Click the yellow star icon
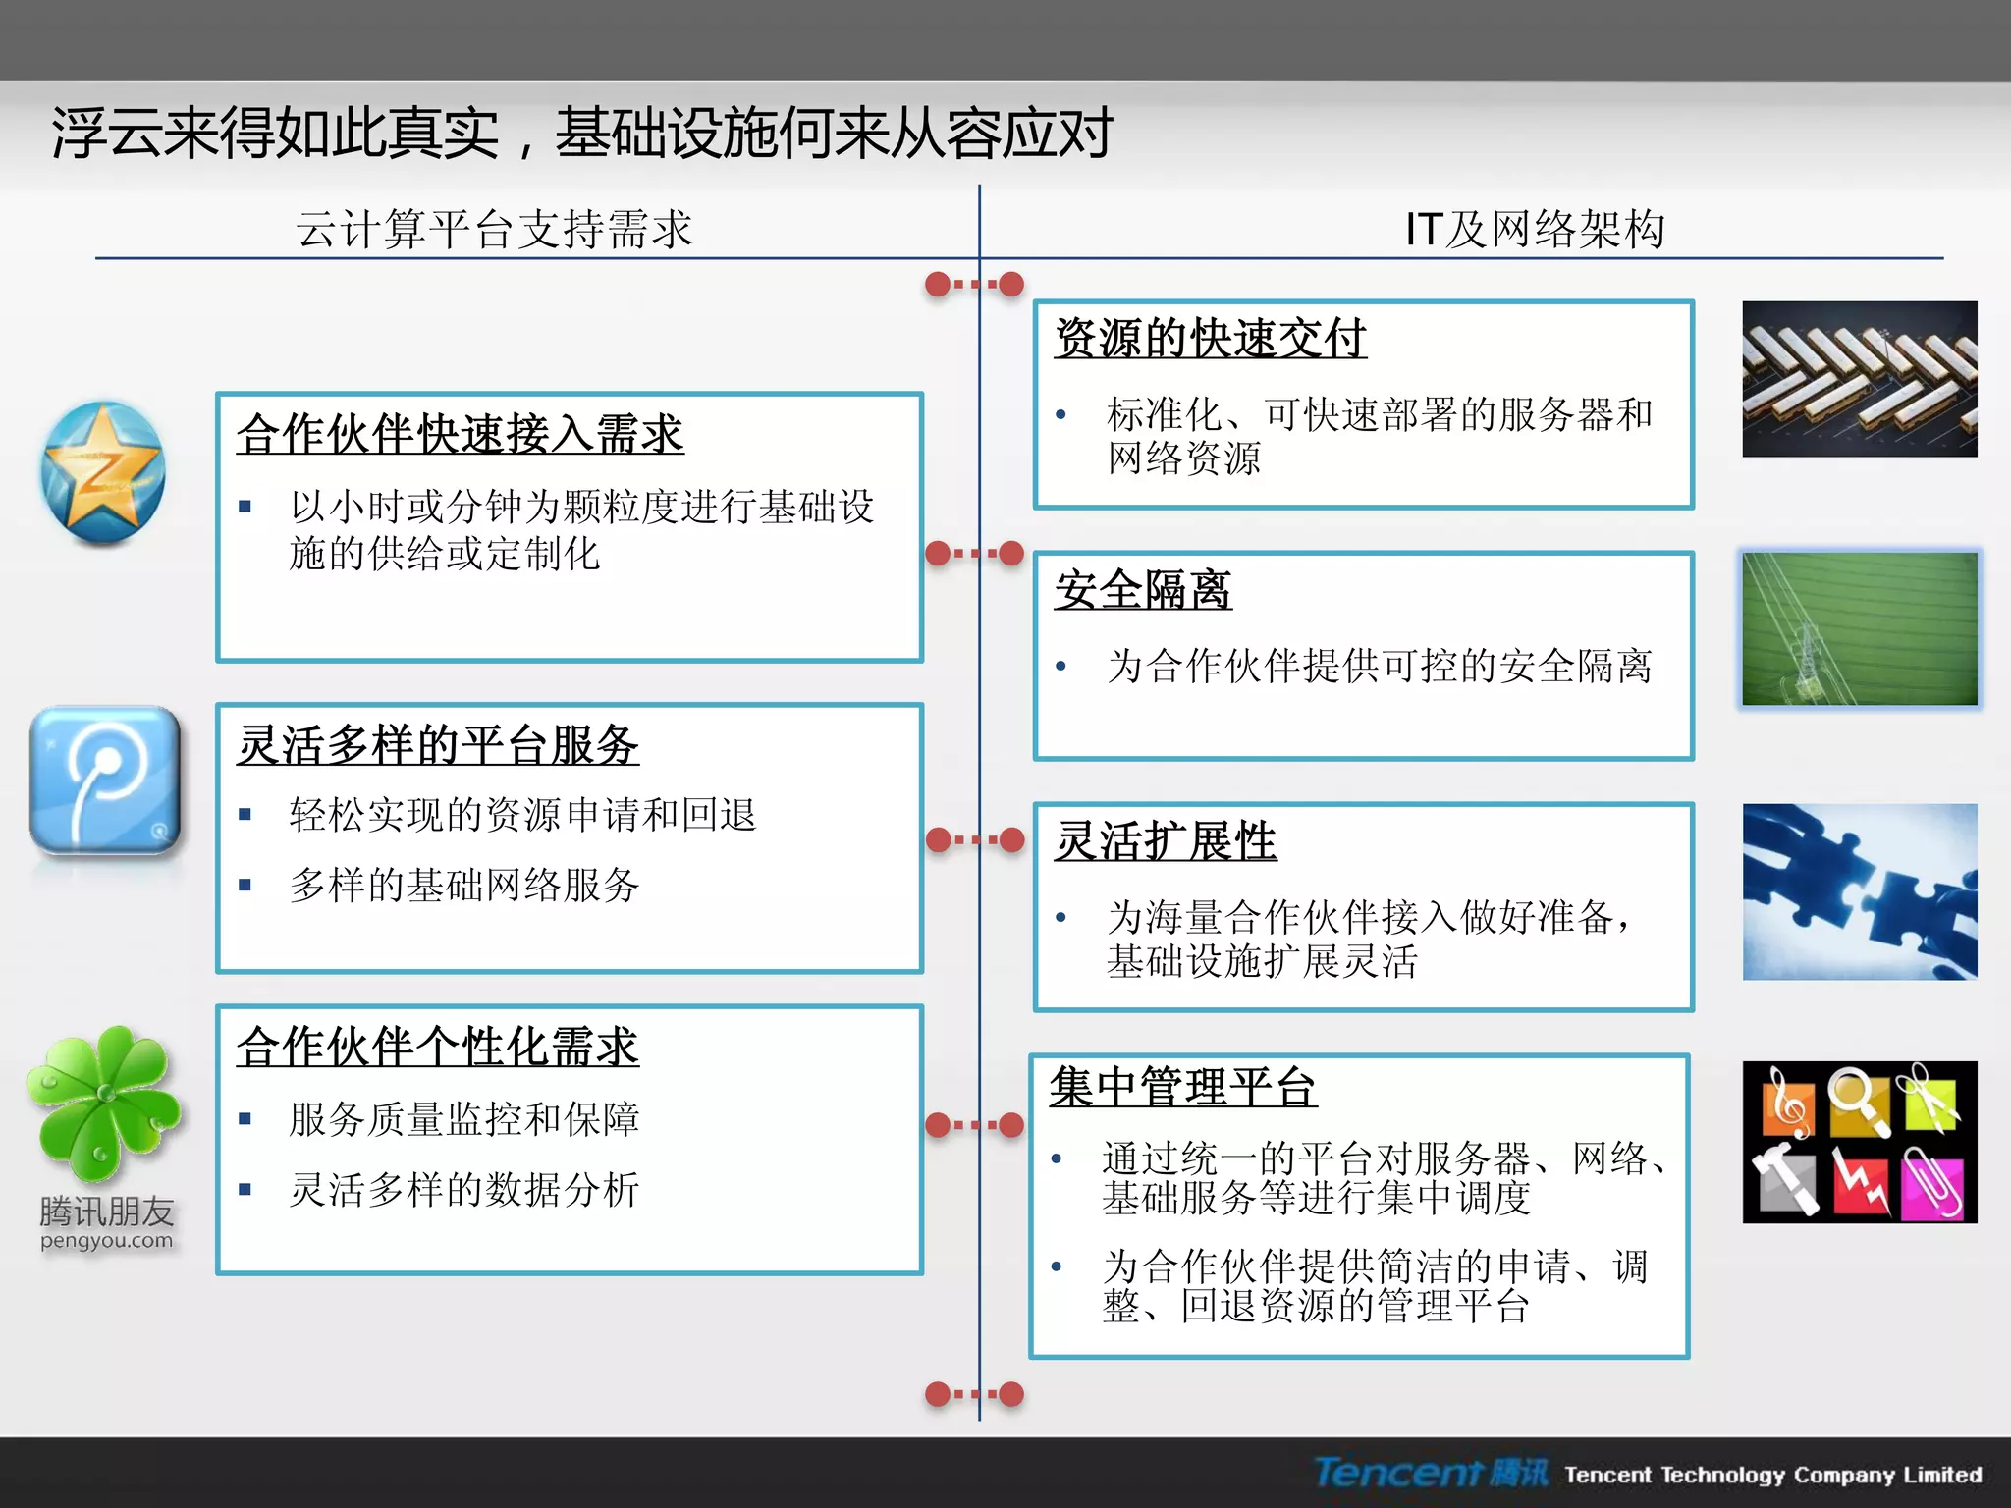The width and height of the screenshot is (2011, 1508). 102,472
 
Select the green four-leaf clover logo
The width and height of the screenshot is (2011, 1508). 104,1102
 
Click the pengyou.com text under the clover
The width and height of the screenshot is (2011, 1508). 106,1241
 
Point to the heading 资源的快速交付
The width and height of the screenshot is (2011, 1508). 1210,339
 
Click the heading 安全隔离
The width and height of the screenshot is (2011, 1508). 1143,590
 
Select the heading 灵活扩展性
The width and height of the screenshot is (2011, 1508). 1166,841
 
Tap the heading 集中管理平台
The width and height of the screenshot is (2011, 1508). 1182,1087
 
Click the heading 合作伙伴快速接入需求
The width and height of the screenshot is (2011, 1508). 460,434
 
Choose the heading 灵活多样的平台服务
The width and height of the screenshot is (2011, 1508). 438,745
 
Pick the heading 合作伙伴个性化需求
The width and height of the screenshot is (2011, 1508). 438,1047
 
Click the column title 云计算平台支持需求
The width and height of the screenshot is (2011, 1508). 494,230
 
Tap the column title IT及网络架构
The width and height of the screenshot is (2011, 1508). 1534,230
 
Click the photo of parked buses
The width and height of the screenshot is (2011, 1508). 1859,379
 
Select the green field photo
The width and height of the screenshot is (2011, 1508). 1859,628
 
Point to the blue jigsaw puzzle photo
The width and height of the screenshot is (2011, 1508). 1859,891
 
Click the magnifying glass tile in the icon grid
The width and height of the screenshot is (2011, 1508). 1858,1101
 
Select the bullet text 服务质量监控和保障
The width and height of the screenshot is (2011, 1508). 464,1119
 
